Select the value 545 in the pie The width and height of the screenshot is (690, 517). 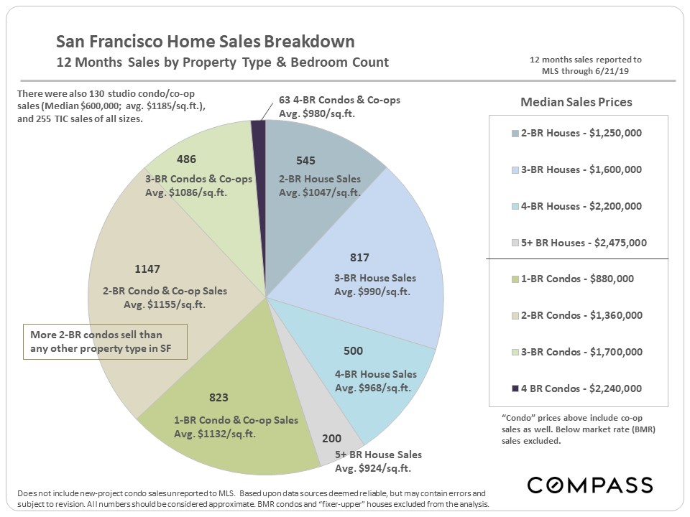(305, 161)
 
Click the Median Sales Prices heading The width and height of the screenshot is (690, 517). (576, 102)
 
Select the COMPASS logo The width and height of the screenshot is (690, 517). (589, 485)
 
